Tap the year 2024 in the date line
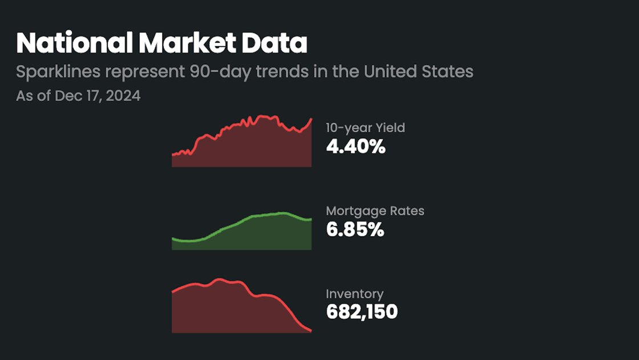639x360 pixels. point(123,95)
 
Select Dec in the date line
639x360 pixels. point(64,95)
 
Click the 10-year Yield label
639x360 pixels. point(365,128)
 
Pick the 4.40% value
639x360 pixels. point(355,147)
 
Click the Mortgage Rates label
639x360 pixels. point(375,211)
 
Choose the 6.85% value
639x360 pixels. point(355,230)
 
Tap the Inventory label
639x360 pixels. point(354,294)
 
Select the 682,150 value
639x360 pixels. point(362,312)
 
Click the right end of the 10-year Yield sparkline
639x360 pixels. point(311,119)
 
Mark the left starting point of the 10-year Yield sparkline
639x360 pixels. point(172,154)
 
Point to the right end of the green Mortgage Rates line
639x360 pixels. point(311,219)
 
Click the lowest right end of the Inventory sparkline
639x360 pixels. point(311,331)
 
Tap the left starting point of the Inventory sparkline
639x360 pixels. point(172,292)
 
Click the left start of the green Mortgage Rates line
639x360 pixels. point(172,238)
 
